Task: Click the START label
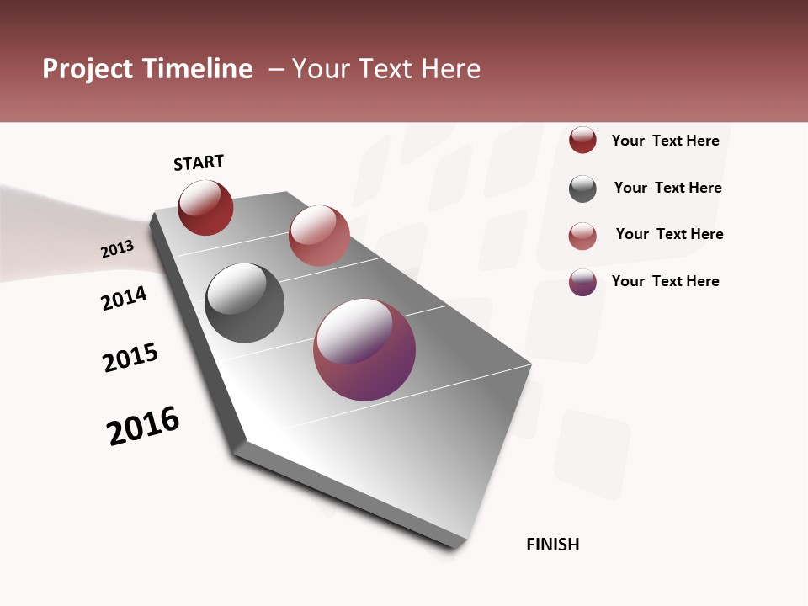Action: (199, 162)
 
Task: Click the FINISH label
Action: (552, 545)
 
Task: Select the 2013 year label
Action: (117, 248)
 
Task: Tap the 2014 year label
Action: (124, 298)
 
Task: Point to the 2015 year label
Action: (130, 358)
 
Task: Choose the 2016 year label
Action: (143, 426)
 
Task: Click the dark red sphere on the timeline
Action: (205, 207)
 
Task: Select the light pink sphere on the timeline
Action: (319, 235)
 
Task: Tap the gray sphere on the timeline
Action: (244, 303)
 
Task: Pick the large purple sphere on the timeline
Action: (364, 349)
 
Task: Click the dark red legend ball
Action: (582, 140)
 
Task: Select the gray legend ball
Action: (582, 189)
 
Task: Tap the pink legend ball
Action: (582, 236)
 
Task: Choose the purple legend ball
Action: (582, 282)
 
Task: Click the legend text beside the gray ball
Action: (667, 188)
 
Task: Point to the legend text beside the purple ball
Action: (665, 281)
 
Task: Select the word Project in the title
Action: (87, 69)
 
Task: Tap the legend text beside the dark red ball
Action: (665, 141)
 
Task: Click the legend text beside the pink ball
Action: (669, 234)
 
